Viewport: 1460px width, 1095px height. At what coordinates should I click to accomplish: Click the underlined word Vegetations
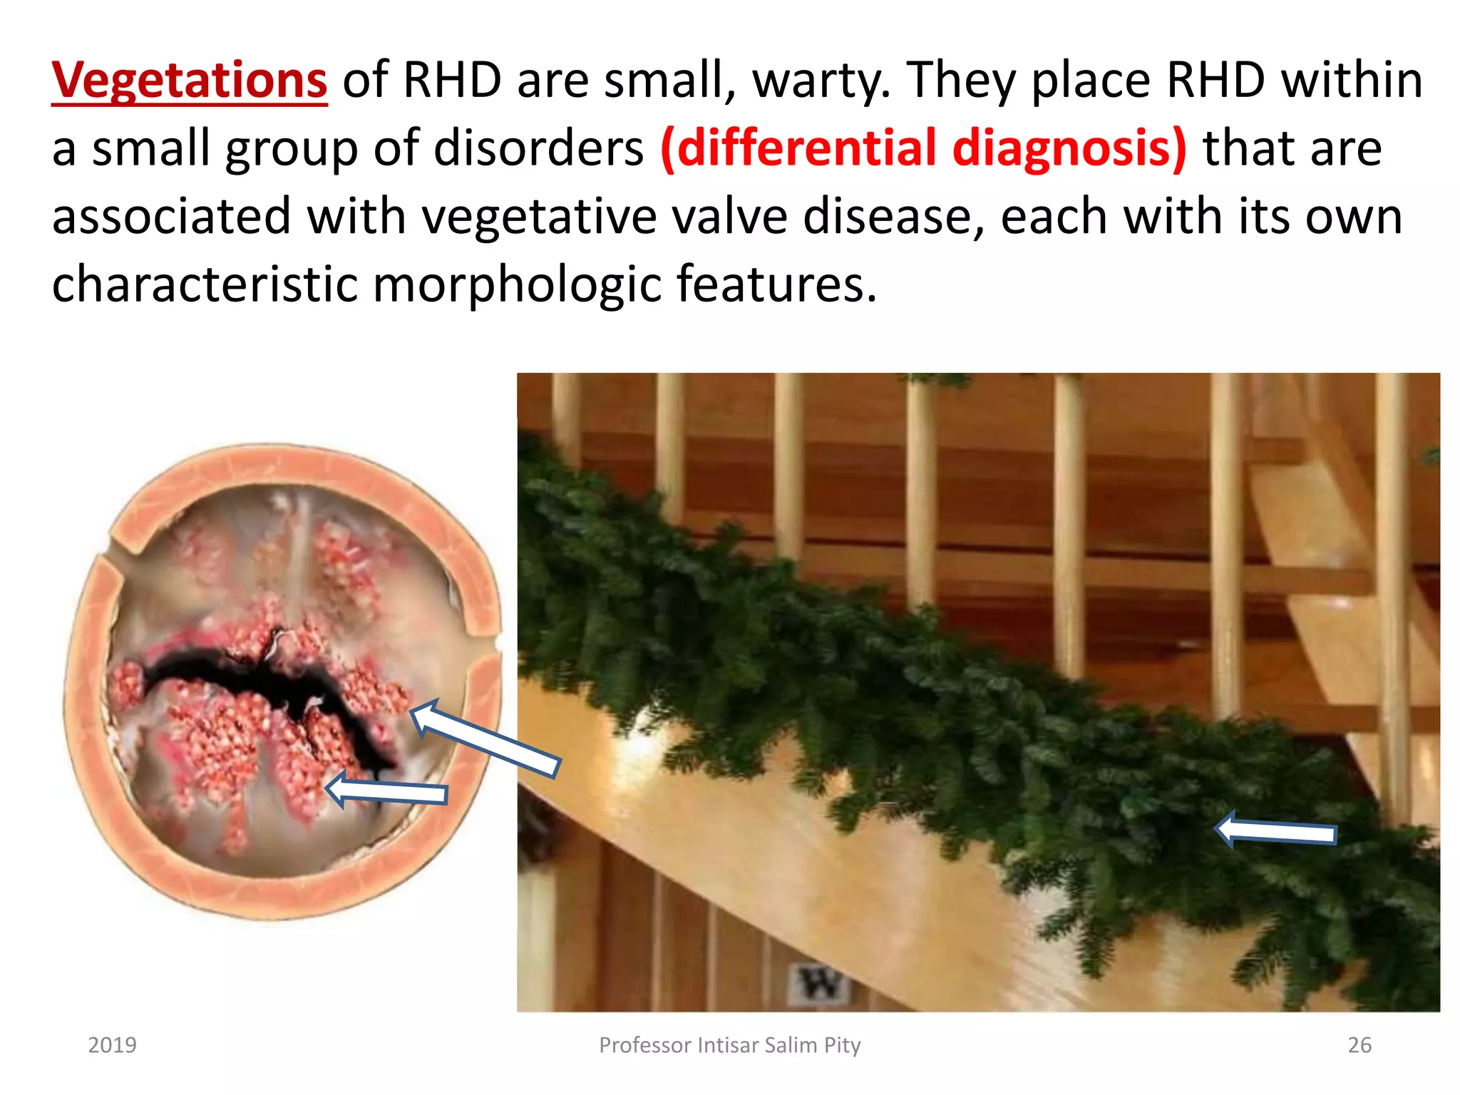tap(189, 80)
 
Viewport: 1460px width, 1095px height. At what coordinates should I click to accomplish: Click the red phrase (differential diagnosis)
tap(923, 148)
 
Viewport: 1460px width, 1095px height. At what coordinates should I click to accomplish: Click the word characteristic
tap(205, 284)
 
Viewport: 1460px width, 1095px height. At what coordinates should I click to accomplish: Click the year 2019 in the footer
tap(112, 1045)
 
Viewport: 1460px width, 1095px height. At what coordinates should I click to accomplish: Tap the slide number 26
tap(1359, 1045)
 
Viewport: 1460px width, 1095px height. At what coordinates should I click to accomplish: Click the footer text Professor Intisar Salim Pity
tap(729, 1045)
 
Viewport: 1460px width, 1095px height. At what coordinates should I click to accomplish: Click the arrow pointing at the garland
tap(1276, 833)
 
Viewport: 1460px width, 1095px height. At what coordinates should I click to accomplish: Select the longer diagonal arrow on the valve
tap(485, 738)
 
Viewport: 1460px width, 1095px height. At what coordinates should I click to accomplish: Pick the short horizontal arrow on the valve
tap(389, 791)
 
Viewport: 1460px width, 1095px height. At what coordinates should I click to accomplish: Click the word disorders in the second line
tap(538, 148)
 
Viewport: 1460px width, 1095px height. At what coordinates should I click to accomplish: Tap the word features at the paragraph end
tap(776, 284)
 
